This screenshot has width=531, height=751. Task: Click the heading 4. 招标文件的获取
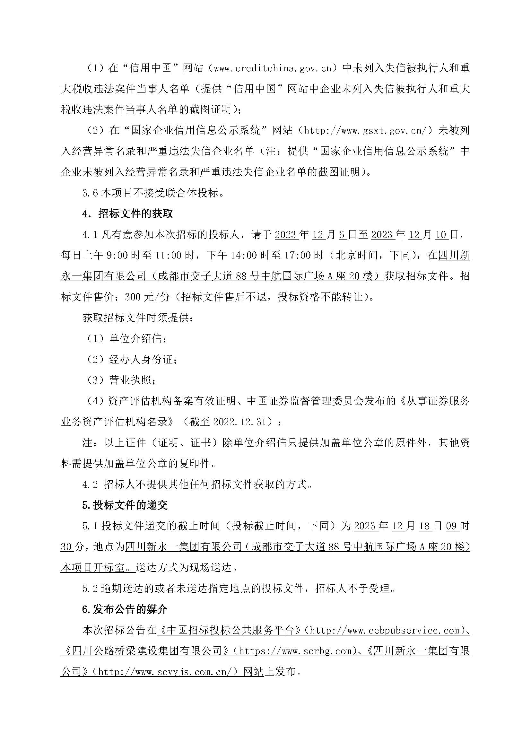pos(127,214)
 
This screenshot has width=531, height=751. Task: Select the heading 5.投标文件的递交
pos(125,505)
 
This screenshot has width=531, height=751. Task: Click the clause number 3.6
pos(90,193)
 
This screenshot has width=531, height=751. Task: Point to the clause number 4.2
pos(90,485)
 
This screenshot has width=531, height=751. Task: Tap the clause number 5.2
pos(90,589)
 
